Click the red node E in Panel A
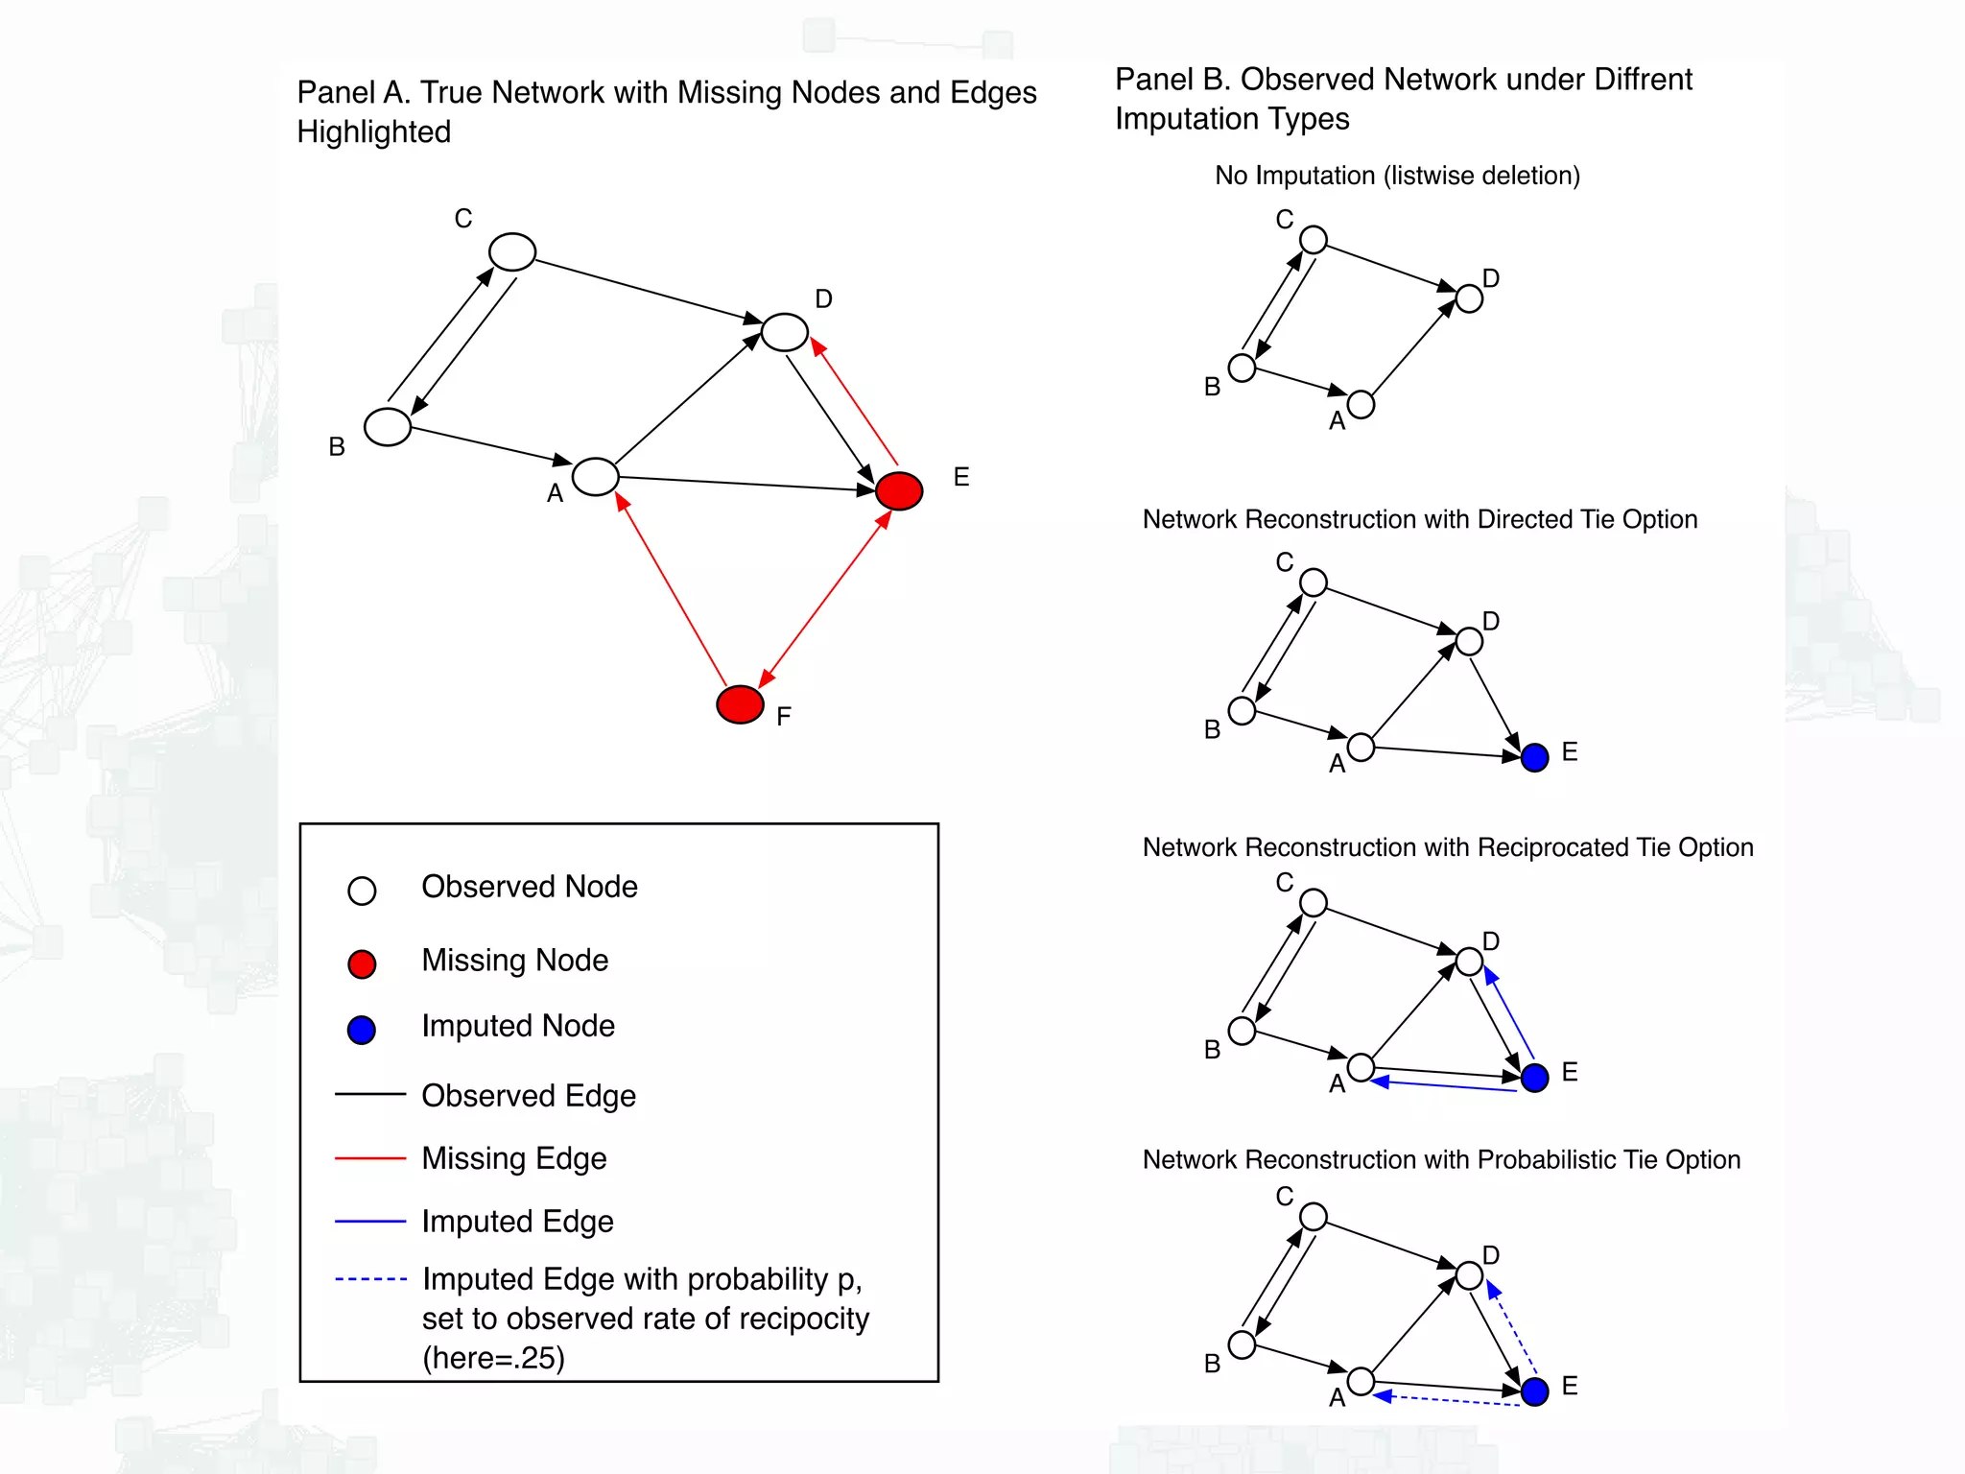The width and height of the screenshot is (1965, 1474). coord(899,490)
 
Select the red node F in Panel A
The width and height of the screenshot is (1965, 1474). coord(740,704)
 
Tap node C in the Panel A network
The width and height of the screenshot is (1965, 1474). coord(512,252)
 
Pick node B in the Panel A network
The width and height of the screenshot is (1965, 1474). coord(388,427)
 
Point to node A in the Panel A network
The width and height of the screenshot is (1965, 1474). coord(596,476)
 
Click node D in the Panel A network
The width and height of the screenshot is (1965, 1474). coord(785,332)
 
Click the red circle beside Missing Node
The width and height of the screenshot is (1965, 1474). coord(362,963)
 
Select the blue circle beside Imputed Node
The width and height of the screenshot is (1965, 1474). coord(362,1030)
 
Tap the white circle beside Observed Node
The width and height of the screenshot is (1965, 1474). coord(362,891)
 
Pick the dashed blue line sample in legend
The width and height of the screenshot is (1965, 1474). coord(370,1279)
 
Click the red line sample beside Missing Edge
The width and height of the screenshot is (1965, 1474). coord(370,1158)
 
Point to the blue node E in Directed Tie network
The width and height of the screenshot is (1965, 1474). coord(1535,757)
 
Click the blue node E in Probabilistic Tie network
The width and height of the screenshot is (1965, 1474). coord(1535,1391)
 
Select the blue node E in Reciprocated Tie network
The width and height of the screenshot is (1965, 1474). coord(1535,1077)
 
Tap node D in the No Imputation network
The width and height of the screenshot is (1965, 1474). coord(1469,298)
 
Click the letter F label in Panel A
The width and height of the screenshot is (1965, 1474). coord(784,717)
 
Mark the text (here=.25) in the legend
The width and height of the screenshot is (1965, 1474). coord(494,1358)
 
